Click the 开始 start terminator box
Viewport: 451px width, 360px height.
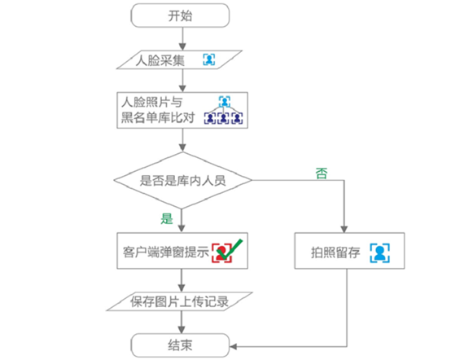[180, 15]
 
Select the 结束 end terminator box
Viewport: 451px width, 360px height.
[180, 345]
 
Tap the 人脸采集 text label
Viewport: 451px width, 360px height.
[160, 60]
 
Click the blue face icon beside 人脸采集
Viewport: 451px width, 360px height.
[209, 59]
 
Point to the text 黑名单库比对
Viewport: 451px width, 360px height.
[158, 117]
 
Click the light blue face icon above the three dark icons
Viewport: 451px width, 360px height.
[225, 101]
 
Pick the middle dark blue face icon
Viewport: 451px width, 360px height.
[223, 118]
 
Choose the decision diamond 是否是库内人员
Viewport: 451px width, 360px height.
[182, 181]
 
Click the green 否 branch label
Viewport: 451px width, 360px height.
[322, 173]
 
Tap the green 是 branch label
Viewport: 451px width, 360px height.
[167, 218]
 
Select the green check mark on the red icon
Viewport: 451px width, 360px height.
[230, 248]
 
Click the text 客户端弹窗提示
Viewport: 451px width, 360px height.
[166, 252]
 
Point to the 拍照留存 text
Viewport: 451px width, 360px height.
[335, 252]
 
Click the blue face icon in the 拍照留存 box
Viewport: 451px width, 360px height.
[379, 253]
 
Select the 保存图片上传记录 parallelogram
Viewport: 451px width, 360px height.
[180, 301]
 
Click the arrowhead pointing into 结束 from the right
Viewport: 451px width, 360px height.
[233, 346]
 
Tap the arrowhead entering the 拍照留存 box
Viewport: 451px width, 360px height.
[344, 229]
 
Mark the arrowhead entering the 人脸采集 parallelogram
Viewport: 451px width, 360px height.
[182, 46]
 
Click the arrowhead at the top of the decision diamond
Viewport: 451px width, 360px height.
[182, 147]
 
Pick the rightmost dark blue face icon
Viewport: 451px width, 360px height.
[237, 118]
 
